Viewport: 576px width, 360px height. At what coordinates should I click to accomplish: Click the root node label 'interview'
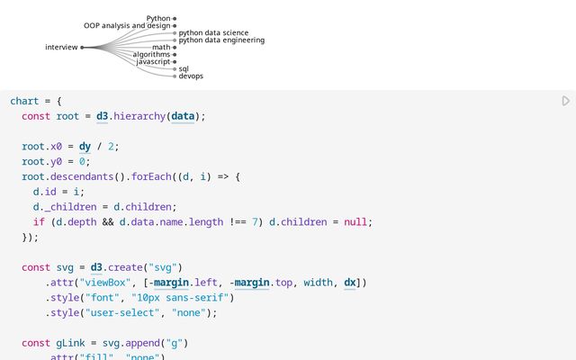coord(61,48)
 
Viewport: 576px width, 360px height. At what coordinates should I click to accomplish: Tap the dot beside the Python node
coord(175,18)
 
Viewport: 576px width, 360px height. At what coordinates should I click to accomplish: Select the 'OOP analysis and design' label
coord(127,26)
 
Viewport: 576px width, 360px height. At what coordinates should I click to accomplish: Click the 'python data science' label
coord(213,33)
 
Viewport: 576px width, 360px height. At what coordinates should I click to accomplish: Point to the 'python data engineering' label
coord(221,40)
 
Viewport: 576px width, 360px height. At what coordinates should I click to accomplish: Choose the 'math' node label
coord(161,48)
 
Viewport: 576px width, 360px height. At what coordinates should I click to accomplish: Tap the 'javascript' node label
coord(154,62)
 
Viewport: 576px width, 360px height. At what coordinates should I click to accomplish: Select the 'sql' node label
coord(184,69)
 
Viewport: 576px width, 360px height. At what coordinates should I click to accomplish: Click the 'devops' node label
coord(191,76)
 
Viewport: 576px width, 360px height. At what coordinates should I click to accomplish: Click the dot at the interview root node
coord(82,48)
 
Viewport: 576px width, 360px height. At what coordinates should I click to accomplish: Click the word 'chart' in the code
coord(24,101)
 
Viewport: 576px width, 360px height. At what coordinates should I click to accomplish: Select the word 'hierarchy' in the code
coord(139,116)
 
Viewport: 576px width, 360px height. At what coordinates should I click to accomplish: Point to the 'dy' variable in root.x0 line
coord(85,147)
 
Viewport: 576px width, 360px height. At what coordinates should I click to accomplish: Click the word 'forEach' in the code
coord(151,176)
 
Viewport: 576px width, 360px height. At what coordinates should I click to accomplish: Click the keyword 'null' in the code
coord(355,222)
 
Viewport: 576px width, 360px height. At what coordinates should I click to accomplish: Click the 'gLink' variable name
coord(70,343)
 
